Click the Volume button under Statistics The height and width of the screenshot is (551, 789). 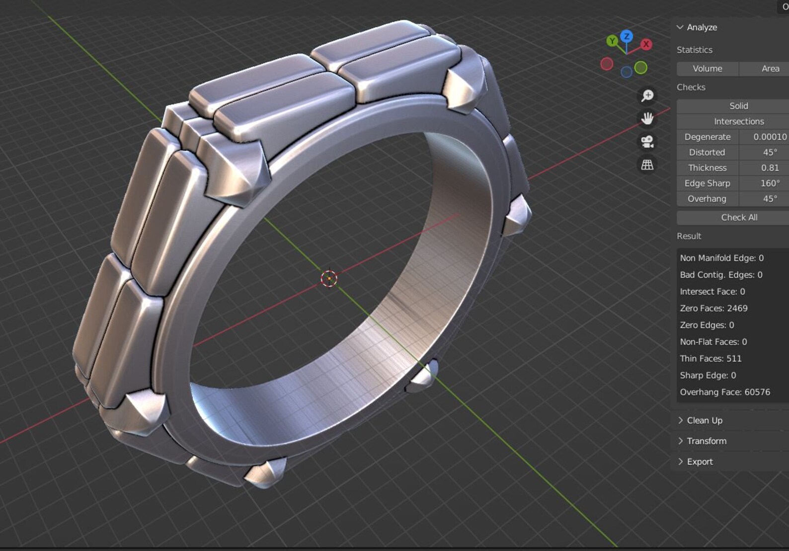[707, 69]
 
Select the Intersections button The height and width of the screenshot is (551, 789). [738, 121]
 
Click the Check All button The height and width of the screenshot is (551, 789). [739, 217]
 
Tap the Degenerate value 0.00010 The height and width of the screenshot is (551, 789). [769, 137]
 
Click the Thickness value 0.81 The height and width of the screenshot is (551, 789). [769, 168]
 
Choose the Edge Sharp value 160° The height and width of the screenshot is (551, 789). [769, 183]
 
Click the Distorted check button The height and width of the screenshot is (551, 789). [707, 153]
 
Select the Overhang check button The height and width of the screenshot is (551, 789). [707, 199]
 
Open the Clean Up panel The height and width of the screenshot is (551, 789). [704, 420]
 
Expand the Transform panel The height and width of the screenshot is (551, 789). [706, 441]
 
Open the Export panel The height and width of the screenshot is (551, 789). [699, 462]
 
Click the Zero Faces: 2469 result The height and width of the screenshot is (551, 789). [713, 308]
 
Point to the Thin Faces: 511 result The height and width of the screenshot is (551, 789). [710, 359]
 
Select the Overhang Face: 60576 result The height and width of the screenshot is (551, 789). [724, 392]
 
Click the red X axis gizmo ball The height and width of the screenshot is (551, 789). [646, 44]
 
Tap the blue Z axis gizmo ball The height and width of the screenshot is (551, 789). [627, 36]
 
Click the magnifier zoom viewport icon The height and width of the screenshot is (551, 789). [647, 95]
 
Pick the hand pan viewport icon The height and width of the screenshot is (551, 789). [647, 119]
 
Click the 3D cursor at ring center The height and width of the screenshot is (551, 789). [329, 279]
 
